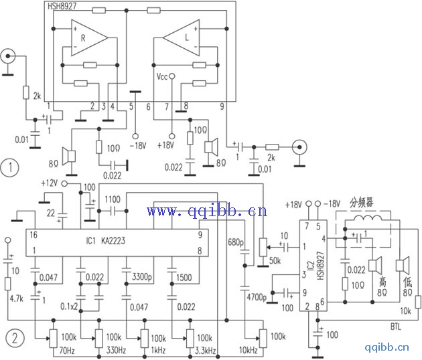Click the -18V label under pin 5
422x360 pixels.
coord(137,145)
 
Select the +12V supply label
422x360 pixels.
coord(50,183)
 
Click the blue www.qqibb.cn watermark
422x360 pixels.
coord(206,212)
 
